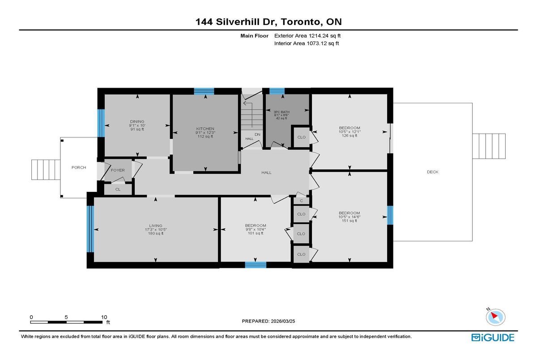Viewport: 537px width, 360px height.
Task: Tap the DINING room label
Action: pyautogui.click(x=137, y=121)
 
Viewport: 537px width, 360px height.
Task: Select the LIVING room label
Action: pyautogui.click(x=156, y=225)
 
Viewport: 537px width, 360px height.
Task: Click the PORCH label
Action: pyautogui.click(x=78, y=167)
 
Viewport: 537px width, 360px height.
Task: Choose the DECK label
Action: pyautogui.click(x=432, y=172)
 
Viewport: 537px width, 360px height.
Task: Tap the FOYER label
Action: pyautogui.click(x=118, y=170)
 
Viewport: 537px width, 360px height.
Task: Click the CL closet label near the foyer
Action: pyautogui.click(x=118, y=190)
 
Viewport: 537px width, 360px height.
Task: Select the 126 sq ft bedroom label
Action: pyautogui.click(x=349, y=128)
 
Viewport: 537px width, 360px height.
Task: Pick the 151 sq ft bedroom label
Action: pyautogui.click(x=349, y=213)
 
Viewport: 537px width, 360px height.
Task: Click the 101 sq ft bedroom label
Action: pyautogui.click(x=256, y=225)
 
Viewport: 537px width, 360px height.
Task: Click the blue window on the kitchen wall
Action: pyautogui.click(x=204, y=91)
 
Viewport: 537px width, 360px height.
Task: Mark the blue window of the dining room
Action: pyautogui.click(x=101, y=123)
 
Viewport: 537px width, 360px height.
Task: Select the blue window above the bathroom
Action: pyautogui.click(x=277, y=91)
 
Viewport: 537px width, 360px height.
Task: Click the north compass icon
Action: pyautogui.click(x=494, y=317)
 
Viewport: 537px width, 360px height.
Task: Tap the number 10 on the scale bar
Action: pyautogui.click(x=104, y=317)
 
